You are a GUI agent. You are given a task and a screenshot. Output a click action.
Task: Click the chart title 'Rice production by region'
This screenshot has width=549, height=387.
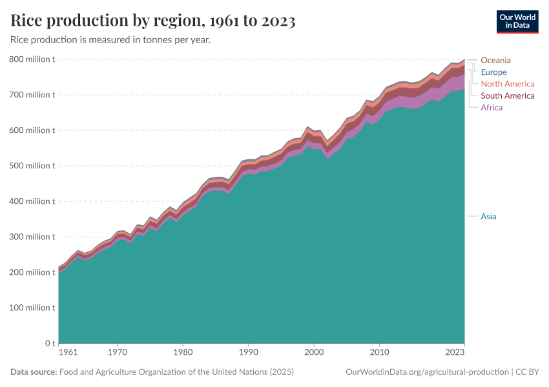click(x=153, y=21)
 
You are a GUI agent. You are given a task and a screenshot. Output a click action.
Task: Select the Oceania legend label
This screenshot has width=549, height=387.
click(x=495, y=61)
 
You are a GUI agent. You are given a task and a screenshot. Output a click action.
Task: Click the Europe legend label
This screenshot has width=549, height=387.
click(x=493, y=72)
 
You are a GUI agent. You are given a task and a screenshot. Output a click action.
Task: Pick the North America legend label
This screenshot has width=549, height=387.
click(x=507, y=84)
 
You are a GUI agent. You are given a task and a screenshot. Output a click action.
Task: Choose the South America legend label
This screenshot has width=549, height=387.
click(x=507, y=95)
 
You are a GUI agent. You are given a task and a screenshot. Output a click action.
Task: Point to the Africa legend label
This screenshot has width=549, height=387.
click(x=491, y=107)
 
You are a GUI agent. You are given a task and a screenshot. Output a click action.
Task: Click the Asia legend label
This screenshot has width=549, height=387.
click(x=488, y=216)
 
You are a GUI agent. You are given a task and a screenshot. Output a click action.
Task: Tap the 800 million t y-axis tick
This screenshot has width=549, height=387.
click(x=32, y=59)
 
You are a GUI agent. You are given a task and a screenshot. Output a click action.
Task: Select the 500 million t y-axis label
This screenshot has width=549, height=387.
click(x=32, y=166)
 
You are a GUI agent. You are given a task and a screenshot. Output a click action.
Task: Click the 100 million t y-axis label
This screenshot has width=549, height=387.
click(x=32, y=308)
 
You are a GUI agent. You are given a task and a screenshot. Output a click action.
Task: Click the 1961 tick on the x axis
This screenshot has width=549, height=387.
click(x=68, y=353)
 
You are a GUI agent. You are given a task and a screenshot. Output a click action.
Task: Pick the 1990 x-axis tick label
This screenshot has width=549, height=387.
click(x=248, y=353)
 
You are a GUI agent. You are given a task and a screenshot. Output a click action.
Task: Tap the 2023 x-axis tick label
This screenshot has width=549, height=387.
click(x=454, y=353)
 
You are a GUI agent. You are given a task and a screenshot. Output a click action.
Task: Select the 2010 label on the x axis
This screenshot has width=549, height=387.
click(x=379, y=353)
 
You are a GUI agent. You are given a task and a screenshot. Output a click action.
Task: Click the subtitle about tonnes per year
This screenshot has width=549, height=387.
click(x=110, y=40)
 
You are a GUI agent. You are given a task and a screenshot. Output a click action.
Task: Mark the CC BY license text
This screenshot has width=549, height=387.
click(x=526, y=372)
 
